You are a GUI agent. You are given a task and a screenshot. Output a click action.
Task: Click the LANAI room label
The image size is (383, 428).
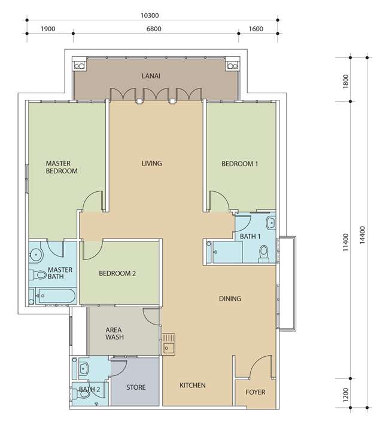pos(151,76)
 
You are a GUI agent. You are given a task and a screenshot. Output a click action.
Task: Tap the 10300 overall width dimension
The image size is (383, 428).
pos(150,16)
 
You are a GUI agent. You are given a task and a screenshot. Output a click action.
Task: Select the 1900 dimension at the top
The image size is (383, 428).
pos(48,29)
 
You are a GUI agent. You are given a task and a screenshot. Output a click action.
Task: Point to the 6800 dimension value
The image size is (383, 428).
pos(154,29)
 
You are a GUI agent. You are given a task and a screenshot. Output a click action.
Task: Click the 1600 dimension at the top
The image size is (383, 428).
pos(256,29)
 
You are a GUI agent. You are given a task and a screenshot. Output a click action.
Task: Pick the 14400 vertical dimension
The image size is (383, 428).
pos(362,235)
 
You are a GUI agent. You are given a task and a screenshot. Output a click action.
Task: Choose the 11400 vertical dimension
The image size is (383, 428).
pos(346,242)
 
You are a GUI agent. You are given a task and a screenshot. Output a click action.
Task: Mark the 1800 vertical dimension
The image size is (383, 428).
pos(346,81)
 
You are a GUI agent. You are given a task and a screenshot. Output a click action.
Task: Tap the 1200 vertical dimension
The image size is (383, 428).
pos(346,395)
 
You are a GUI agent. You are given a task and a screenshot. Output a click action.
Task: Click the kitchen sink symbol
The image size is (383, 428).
pos(169,344)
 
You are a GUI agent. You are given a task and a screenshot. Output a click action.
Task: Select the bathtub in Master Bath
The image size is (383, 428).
pos(56,296)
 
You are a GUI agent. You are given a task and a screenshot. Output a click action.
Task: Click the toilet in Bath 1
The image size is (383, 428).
pos(264,253)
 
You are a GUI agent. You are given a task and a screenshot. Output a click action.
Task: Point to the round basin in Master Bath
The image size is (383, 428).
pos(36,255)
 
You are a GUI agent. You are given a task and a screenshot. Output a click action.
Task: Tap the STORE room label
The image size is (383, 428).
pos(136,387)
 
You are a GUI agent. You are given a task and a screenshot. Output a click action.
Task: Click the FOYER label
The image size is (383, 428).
pos(256,392)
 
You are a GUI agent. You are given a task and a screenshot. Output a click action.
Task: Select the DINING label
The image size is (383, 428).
pos(230,299)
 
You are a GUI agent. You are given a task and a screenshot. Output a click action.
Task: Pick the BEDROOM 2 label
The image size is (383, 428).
pos(117,274)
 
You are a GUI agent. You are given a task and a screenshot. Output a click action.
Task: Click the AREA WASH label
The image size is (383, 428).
pos(114,334)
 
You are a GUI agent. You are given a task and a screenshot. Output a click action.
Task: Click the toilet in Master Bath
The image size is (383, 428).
pos(38,275)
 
